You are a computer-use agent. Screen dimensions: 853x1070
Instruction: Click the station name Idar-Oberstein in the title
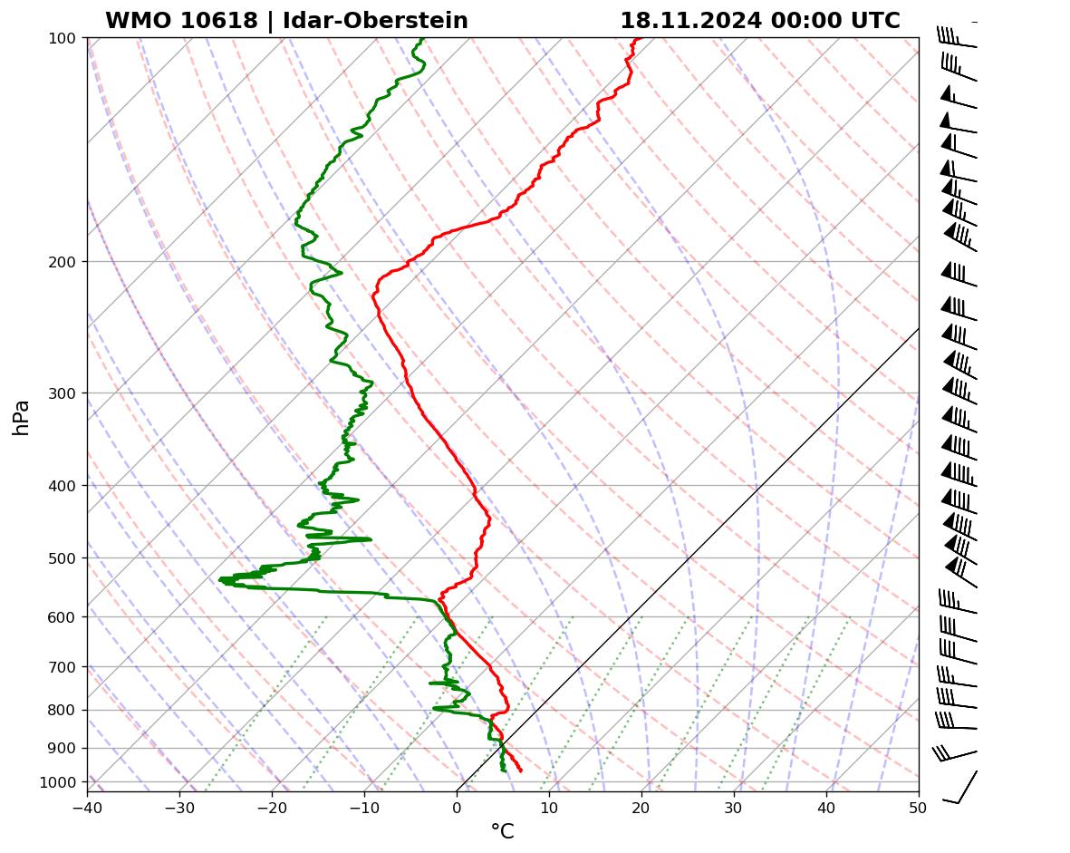pos(375,21)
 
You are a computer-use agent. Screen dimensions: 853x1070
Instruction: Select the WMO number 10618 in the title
pos(181,21)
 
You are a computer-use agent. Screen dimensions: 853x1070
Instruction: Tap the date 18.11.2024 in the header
pos(689,21)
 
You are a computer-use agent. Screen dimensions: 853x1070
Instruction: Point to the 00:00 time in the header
pos(800,21)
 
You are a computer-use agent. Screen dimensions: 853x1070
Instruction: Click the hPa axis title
pos(21,418)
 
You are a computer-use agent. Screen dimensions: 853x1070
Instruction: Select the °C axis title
pos(502,832)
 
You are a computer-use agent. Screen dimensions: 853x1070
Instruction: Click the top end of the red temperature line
pos(637,39)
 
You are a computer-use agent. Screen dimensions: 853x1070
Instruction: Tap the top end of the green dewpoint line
pos(421,39)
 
